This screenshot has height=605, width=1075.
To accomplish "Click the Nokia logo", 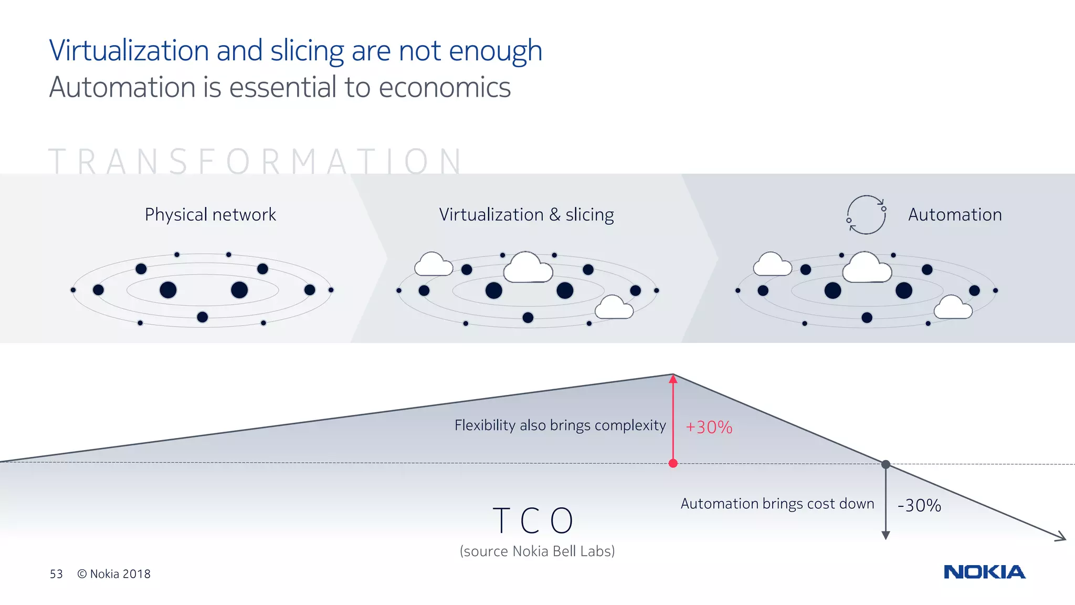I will point(984,572).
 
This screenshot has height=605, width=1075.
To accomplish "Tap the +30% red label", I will point(709,427).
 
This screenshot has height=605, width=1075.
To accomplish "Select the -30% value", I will point(919,506).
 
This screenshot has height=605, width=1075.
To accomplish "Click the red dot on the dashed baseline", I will point(673,463).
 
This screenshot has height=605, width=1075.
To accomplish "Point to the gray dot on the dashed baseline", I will point(886,464).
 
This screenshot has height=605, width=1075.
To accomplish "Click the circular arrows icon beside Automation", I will point(866,215).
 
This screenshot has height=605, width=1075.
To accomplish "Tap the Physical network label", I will point(210,215).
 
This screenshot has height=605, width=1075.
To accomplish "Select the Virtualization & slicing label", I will point(526,215).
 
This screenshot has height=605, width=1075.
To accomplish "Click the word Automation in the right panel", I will point(955,215).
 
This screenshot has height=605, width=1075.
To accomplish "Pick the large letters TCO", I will point(533,520).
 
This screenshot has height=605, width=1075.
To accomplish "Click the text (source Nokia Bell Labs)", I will point(537,551).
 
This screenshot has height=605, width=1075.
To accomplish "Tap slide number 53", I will point(56,574).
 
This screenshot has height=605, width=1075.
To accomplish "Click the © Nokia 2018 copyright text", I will point(114,574).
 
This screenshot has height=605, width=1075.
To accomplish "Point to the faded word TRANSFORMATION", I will point(256,161).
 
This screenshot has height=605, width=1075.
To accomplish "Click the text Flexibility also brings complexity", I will point(560,425).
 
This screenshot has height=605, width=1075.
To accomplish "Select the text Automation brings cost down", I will point(777,504).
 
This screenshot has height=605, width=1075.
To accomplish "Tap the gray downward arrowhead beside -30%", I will point(886,535).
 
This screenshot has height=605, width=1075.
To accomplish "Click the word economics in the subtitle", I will point(445,87).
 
